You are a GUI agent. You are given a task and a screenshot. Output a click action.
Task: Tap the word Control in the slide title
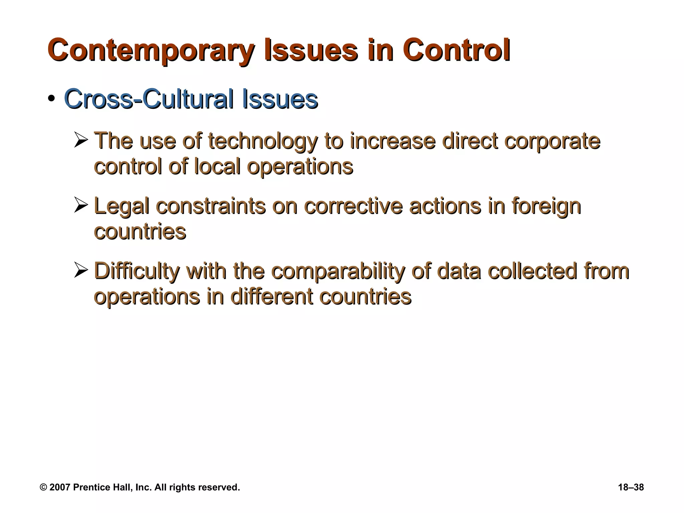click(x=456, y=51)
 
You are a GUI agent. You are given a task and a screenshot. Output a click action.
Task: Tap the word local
click(x=217, y=166)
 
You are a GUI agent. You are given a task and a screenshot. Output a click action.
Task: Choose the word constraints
click(x=211, y=206)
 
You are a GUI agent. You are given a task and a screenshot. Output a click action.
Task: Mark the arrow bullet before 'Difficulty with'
click(x=80, y=271)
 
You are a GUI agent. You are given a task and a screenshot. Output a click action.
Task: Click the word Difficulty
click(x=137, y=272)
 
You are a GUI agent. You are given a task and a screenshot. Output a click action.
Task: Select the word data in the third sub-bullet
click(x=460, y=271)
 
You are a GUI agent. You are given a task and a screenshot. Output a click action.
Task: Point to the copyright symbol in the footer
click(x=43, y=487)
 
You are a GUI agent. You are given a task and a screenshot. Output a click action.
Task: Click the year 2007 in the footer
click(x=60, y=487)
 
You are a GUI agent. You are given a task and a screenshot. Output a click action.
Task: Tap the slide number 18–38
click(x=631, y=487)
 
